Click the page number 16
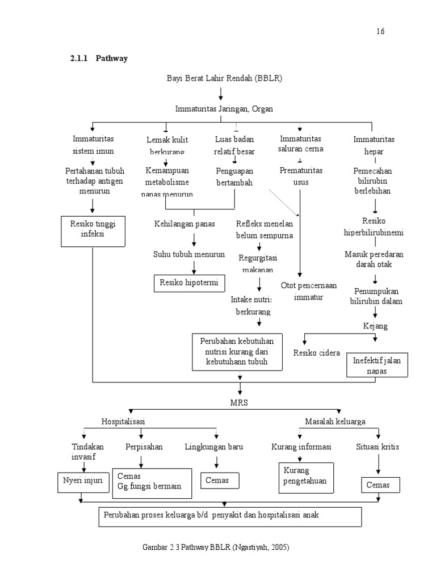380,31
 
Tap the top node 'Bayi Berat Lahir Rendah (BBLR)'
224,78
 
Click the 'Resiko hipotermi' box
189,282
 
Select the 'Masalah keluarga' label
335,421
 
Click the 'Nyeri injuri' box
82,481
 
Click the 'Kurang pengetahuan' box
305,477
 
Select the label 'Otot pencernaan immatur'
308,291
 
